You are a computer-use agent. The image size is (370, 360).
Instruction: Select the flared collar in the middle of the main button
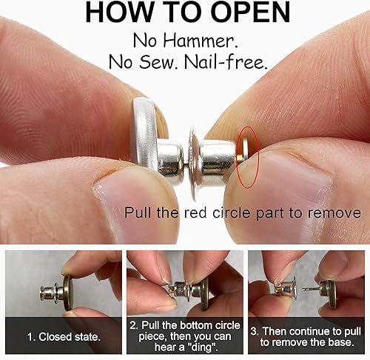click(x=194, y=156)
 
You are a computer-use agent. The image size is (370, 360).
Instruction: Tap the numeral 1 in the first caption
click(x=31, y=337)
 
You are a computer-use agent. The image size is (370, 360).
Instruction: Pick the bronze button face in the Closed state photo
click(x=67, y=289)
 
